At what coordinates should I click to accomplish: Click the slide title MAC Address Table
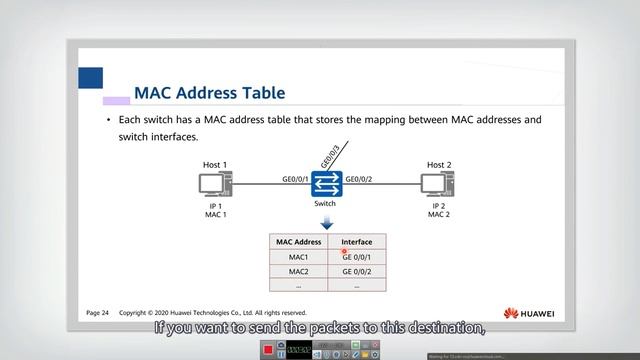[210, 93]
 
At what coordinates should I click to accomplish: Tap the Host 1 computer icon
[215, 185]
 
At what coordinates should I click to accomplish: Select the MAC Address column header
[299, 242]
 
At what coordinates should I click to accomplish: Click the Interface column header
[357, 242]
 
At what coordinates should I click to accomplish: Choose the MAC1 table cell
[299, 257]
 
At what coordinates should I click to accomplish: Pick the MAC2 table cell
[299, 271]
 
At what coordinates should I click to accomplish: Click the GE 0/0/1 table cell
[357, 257]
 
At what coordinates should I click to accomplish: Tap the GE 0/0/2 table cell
[357, 271]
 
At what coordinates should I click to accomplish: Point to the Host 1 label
[215, 165]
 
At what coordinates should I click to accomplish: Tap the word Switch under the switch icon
[325, 203]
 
